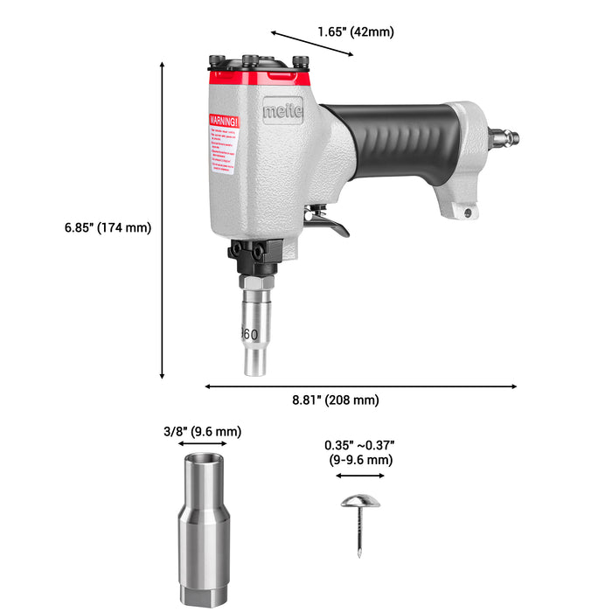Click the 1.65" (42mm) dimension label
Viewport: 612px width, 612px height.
click(x=355, y=31)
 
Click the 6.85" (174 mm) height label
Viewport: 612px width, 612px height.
click(x=108, y=227)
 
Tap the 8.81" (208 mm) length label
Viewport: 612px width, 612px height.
click(x=335, y=400)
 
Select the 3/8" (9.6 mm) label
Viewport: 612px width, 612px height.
click(x=202, y=431)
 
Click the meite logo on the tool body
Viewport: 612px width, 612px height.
click(x=282, y=111)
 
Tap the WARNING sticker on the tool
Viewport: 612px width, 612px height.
click(x=222, y=143)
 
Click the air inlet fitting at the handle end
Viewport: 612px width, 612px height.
click(x=503, y=136)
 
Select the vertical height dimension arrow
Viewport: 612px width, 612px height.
click(x=163, y=219)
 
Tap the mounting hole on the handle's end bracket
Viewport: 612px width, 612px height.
click(x=468, y=212)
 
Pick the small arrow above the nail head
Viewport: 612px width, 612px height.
click(x=360, y=476)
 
